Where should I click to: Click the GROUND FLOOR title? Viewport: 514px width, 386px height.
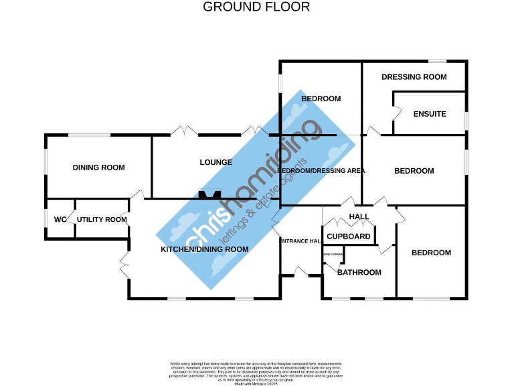(x=256, y=7)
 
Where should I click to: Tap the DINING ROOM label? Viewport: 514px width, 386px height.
(x=98, y=168)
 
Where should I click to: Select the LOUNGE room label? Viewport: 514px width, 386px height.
(x=216, y=162)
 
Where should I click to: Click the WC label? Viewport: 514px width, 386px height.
(x=60, y=220)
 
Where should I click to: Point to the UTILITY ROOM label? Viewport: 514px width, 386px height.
(x=102, y=220)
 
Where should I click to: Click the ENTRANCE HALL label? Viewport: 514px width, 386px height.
(x=301, y=241)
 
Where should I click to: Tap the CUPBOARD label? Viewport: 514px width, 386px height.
(x=349, y=237)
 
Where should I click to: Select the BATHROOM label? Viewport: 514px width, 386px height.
(x=359, y=272)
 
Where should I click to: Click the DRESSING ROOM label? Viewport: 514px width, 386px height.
(x=414, y=77)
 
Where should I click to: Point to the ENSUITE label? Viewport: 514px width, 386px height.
(x=429, y=114)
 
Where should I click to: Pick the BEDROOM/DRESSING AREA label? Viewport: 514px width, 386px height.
(x=321, y=171)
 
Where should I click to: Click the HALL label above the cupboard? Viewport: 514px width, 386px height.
(x=359, y=216)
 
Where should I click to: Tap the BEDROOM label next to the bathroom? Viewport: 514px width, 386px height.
(x=431, y=253)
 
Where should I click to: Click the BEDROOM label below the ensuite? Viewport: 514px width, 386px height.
(x=414, y=171)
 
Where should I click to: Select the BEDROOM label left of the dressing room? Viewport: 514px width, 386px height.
(x=321, y=99)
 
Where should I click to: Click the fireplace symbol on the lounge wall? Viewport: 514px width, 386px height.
(x=209, y=196)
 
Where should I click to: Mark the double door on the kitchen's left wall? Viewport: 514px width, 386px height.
(x=124, y=266)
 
